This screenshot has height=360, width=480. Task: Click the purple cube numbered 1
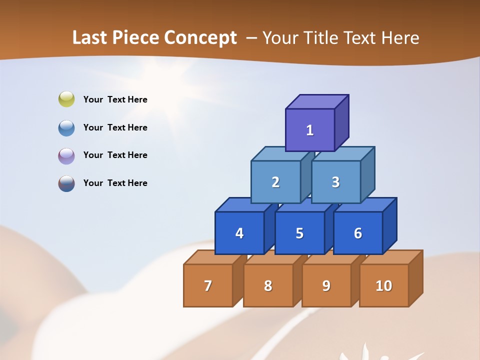pos(310,130)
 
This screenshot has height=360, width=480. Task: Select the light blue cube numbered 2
pos(275,182)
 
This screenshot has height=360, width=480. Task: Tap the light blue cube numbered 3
pos(335,182)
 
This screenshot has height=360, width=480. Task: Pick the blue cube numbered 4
pos(239,233)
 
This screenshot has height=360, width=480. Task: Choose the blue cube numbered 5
pos(299,233)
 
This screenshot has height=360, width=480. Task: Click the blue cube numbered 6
pos(358,233)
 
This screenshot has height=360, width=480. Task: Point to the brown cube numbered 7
pos(208,285)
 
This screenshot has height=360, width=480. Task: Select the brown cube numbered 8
pos(268,285)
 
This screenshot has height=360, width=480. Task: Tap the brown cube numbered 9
pos(326,285)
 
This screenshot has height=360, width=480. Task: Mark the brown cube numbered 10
pos(383,285)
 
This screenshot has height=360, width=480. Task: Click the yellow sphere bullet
pos(66,99)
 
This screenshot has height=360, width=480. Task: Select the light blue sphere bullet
pos(66,127)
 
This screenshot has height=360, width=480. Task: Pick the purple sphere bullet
pos(66,155)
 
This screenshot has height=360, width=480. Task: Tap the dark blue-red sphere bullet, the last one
pos(66,183)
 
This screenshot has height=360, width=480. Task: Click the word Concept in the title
pos(200,38)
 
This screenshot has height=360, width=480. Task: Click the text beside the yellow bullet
pos(115,99)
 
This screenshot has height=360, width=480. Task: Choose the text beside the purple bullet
pos(115,155)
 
